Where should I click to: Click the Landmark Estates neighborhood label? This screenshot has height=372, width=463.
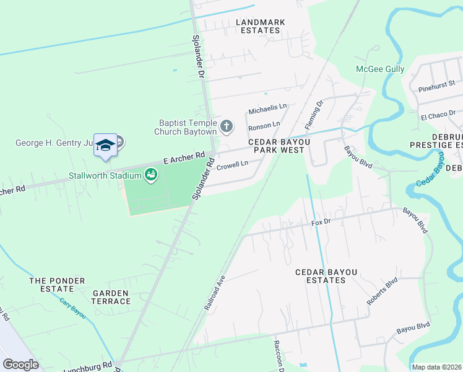coord(261,26)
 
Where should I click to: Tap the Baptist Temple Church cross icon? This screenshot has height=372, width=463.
coord(227,127)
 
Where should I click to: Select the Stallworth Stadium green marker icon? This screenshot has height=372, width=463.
coord(150,176)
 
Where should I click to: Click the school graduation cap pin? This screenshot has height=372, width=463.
coord(105,145)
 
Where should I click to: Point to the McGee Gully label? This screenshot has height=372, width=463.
coord(380,69)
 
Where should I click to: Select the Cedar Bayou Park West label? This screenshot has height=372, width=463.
coord(276,146)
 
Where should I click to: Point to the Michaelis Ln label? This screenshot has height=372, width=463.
coord(267,109)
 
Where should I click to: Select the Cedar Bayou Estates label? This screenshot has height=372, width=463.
coord(320,276)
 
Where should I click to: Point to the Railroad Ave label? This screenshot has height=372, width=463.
coord(214,293)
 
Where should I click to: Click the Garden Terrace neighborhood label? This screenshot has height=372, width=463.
coord(112,297)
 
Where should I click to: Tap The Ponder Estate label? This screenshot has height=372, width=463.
coord(52,285)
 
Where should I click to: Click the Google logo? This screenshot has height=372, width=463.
coord(21,364)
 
